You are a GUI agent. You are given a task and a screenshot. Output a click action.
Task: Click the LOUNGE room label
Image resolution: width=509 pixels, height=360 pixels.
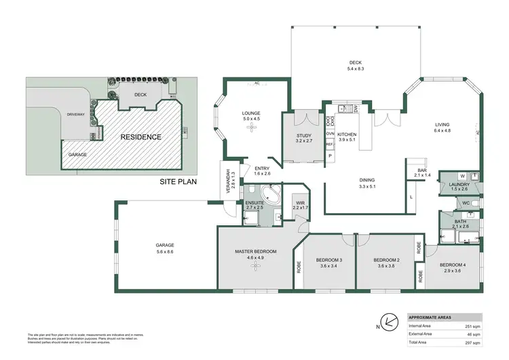[x=251, y=113]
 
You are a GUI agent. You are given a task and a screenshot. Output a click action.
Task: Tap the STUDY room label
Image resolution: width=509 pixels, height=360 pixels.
[x=304, y=136]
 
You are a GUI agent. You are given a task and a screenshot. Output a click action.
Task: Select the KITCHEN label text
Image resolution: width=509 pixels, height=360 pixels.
[x=346, y=134]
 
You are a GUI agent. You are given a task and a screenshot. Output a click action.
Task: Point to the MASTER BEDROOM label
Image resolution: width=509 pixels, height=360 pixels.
[x=256, y=252]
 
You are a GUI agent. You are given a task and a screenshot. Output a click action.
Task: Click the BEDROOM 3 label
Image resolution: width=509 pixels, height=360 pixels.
[x=328, y=259]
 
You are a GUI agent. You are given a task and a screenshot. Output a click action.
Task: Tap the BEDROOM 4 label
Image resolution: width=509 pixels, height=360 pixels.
[x=453, y=264]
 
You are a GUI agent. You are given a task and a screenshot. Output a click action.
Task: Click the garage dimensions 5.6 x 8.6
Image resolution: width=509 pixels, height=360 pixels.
[x=165, y=252]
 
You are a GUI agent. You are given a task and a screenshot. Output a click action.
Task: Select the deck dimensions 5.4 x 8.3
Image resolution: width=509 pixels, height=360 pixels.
[x=356, y=69]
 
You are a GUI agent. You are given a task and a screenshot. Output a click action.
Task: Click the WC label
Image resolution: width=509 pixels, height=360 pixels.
[x=466, y=202]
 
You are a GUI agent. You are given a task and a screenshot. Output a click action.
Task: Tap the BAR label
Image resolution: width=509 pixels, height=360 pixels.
[x=422, y=170]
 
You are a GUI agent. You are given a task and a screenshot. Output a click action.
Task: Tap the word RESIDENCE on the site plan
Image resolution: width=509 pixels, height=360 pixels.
[x=140, y=137]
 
